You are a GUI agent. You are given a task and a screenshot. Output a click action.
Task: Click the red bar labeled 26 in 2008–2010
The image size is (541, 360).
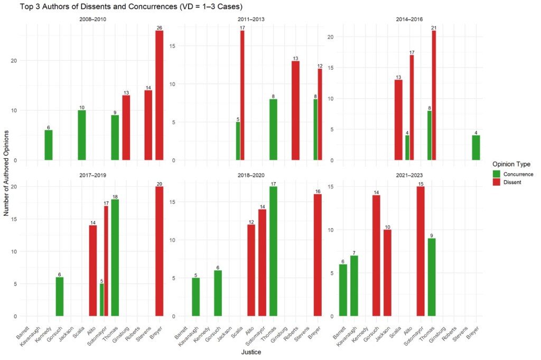coord(159,96)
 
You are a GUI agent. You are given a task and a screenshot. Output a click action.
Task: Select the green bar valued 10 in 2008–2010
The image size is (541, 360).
coord(82,135)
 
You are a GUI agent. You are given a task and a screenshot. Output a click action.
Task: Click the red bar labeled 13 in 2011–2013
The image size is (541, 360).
coord(295,111)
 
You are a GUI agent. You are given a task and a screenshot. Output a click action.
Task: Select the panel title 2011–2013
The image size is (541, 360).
coord(251,20)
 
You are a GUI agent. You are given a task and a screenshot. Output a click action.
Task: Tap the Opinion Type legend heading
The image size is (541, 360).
coord(511,164)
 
